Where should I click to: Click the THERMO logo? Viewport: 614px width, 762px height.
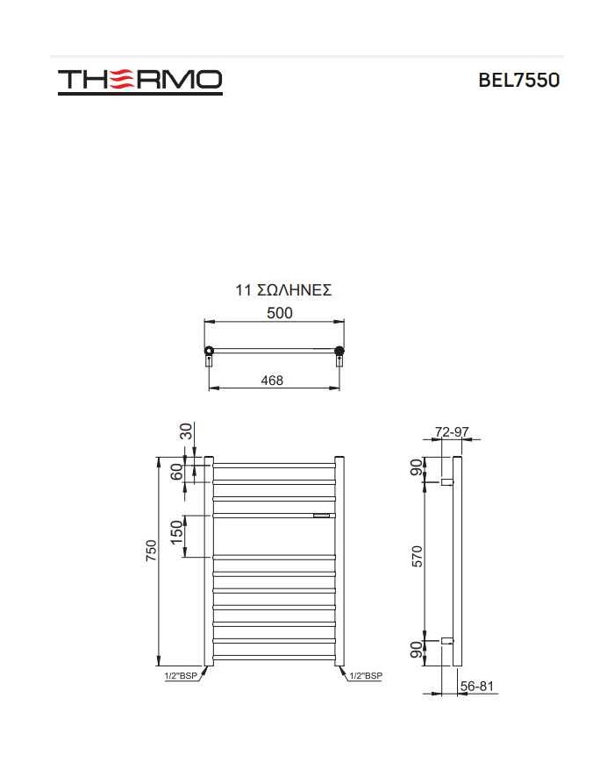tap(139, 81)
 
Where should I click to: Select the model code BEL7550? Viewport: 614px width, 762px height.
tap(518, 81)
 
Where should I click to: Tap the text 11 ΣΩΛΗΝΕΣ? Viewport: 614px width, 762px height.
tap(283, 290)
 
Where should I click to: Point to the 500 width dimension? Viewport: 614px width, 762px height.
tap(280, 313)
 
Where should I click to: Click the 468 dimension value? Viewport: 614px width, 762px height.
tap(273, 381)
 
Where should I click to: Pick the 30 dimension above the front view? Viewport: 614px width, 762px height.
tap(186, 431)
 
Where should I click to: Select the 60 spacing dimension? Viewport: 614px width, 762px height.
tap(178, 472)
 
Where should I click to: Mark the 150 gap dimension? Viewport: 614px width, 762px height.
tap(178, 532)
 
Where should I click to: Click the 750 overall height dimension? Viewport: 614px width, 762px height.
tap(152, 551)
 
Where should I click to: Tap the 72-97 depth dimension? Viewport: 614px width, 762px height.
tap(453, 432)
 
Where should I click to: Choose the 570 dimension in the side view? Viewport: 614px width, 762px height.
tap(418, 557)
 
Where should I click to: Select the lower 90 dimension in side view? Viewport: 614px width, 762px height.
tap(418, 651)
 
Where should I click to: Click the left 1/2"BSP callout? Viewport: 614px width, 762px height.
tap(181, 676)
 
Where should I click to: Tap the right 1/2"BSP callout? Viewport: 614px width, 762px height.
tap(366, 676)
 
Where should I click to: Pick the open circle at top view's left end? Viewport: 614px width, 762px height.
tap(209, 352)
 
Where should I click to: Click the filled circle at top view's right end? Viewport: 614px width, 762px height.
tap(339, 352)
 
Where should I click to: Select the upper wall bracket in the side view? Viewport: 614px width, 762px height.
tap(446, 481)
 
